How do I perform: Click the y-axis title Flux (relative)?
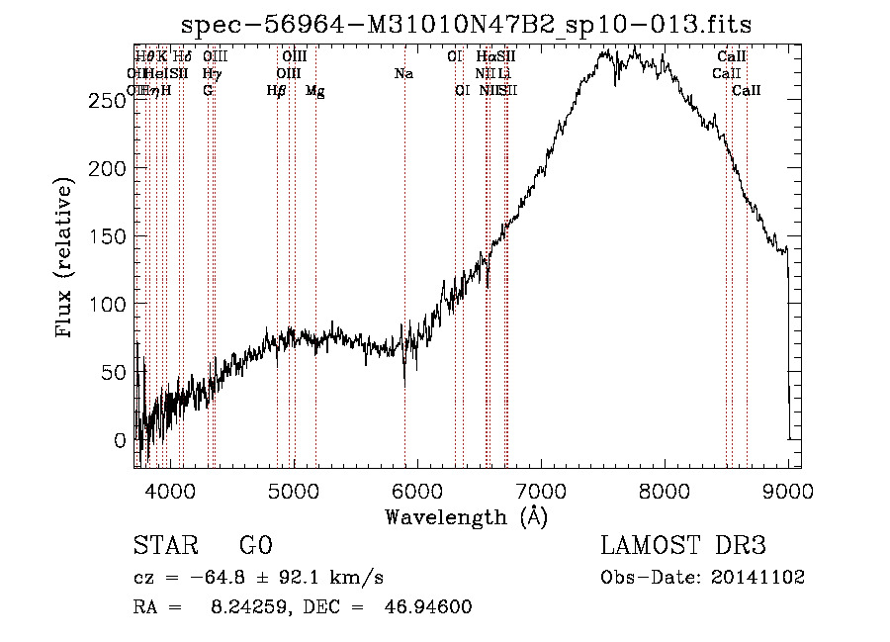pyautogui.click(x=66, y=259)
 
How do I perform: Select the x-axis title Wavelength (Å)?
pyautogui.click(x=466, y=516)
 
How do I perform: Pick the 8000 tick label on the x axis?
pyautogui.click(x=665, y=491)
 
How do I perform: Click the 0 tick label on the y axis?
pyautogui.click(x=121, y=440)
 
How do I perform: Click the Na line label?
pyautogui.click(x=403, y=73)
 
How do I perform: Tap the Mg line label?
pyautogui.click(x=315, y=91)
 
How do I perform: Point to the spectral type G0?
pyautogui.click(x=255, y=547)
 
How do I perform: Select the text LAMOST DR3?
pyautogui.click(x=683, y=547)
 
